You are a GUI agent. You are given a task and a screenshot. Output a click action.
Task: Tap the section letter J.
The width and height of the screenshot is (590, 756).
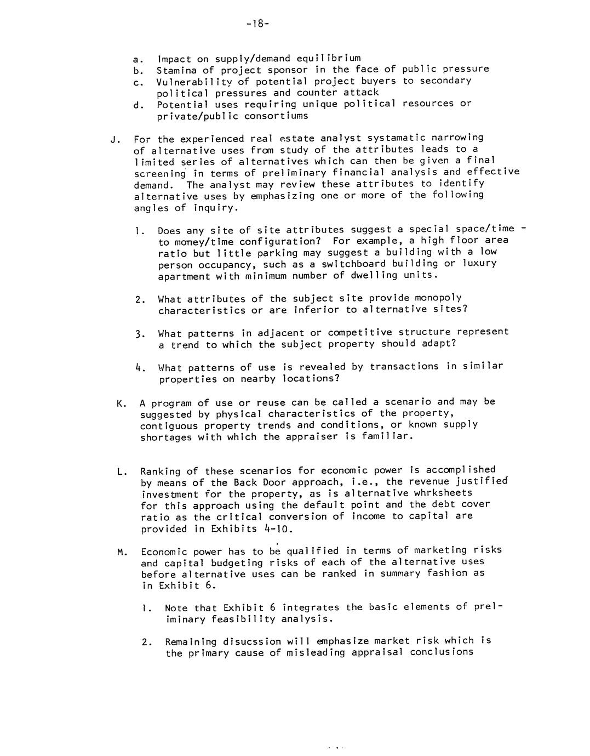pos(114,139)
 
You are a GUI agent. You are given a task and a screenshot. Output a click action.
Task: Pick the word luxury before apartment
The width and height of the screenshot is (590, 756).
pos(479,263)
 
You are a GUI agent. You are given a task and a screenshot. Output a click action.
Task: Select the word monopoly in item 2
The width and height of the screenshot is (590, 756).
pos(438,298)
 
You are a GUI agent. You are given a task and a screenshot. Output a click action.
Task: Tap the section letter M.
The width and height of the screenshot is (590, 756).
pos(122,552)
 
